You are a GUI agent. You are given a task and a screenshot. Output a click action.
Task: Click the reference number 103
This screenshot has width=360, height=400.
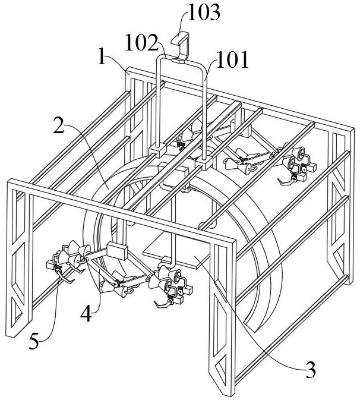pos(204,12)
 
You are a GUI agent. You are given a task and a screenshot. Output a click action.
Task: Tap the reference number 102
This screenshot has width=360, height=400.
pos(141,43)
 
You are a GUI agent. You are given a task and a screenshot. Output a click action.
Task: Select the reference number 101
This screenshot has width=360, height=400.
pos(232,59)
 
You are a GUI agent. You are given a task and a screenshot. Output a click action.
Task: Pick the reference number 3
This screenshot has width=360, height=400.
pos(310,370)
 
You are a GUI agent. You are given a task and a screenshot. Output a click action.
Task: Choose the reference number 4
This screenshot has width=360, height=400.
pos(86,314)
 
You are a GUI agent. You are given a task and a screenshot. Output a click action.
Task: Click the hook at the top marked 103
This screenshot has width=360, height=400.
pos(181,45)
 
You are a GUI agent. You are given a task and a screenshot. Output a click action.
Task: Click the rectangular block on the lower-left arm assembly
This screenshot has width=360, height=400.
pos(117,250)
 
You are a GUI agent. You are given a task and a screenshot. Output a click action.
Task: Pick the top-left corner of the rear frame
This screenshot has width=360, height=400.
pos(127,68)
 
